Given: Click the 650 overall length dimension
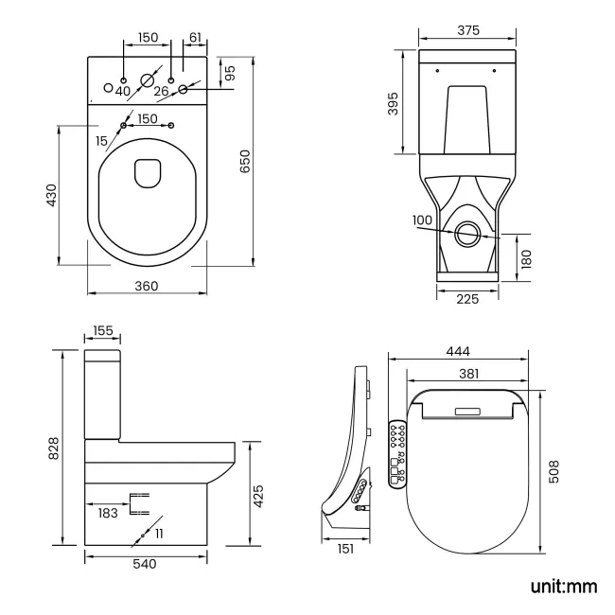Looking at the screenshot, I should (246, 162).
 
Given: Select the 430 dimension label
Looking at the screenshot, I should (52, 194).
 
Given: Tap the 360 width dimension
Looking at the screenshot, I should (146, 285).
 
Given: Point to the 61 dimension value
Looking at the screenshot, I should (196, 37).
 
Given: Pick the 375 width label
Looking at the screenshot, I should (467, 30).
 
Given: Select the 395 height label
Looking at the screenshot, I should (393, 104).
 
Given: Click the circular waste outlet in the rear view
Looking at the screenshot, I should (466, 234).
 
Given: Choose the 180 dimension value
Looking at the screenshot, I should (525, 256).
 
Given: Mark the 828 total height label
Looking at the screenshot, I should (53, 448).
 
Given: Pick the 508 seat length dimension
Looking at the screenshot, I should (553, 470).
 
